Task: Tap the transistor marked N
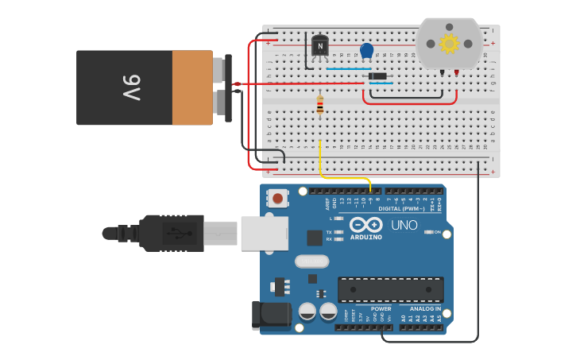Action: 319,47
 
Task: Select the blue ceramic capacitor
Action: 366,51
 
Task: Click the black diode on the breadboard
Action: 378,76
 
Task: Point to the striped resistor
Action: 320,105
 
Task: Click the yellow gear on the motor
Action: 449,43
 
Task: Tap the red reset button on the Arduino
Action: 277,197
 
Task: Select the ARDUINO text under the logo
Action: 365,237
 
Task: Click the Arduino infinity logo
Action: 365,225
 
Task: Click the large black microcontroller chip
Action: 390,289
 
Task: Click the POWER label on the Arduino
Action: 381,308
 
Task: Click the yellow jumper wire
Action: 320,163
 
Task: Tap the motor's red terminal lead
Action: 457,72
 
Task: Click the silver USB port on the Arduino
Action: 264,234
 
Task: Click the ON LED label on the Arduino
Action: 438,231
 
